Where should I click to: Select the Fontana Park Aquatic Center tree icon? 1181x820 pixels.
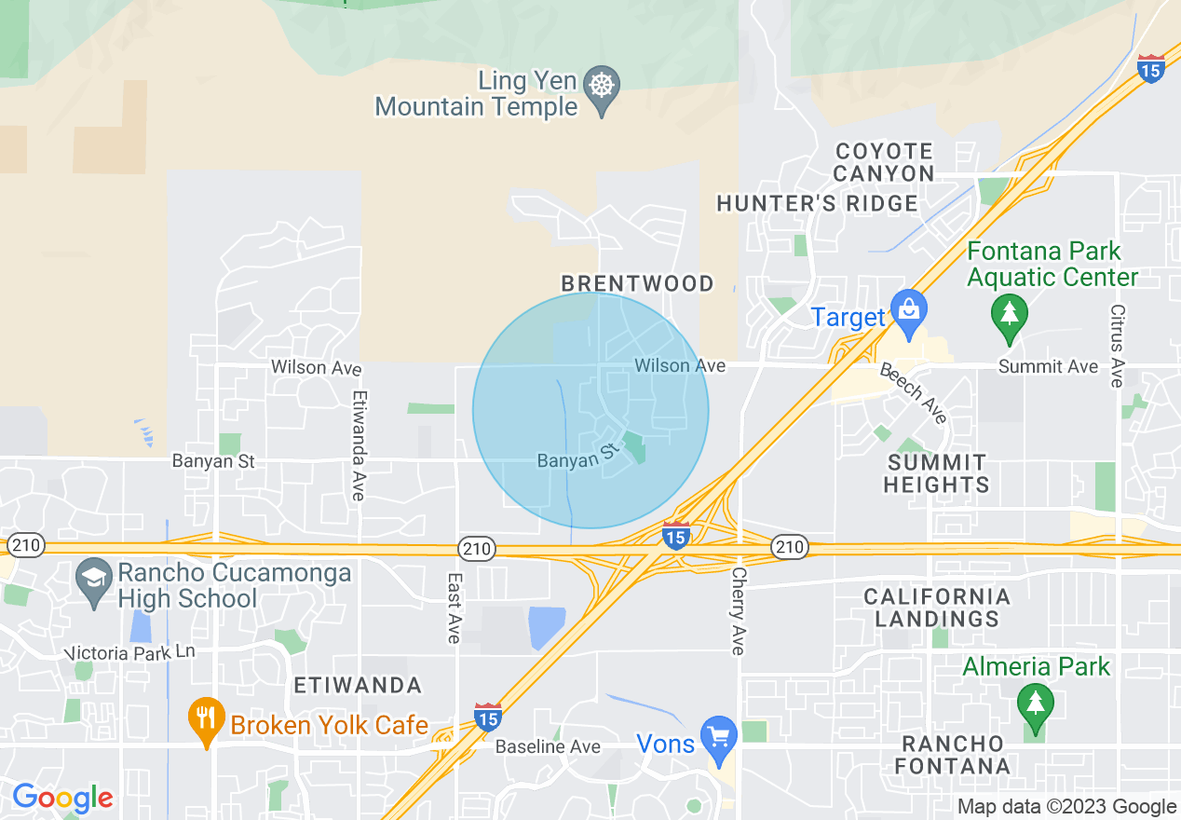pyautogui.click(x=1009, y=312)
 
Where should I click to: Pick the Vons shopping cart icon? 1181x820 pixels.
pyautogui.click(x=718, y=736)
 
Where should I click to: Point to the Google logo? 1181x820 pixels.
pyautogui.click(x=62, y=798)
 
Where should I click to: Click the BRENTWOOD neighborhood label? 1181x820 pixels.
pyautogui.click(x=637, y=283)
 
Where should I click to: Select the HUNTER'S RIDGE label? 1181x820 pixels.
pyautogui.click(x=816, y=203)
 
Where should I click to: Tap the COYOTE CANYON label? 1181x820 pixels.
pyautogui.click(x=884, y=162)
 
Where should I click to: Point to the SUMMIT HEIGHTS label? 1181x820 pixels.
pyautogui.click(x=937, y=473)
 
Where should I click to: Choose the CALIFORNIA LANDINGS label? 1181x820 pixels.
pyautogui.click(x=936, y=608)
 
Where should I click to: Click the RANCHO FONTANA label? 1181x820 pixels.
pyautogui.click(x=954, y=755)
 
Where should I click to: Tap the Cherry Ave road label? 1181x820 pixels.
pyautogui.click(x=739, y=611)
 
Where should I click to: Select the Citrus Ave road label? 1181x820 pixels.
pyautogui.click(x=1117, y=345)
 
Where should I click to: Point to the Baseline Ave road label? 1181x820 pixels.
pyautogui.click(x=548, y=746)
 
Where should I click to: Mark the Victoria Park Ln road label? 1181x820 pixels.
pyautogui.click(x=131, y=652)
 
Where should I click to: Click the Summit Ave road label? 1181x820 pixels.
pyautogui.click(x=1048, y=367)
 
